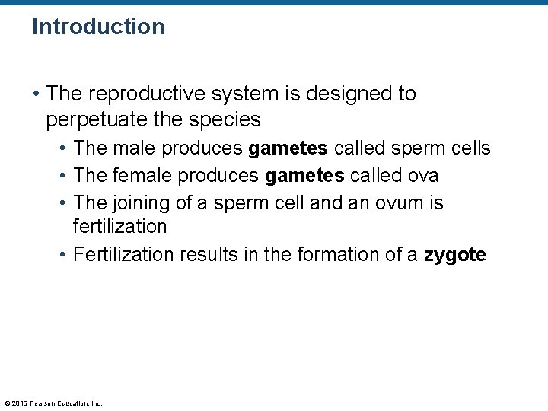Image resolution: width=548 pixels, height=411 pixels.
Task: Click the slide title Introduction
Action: click(98, 27)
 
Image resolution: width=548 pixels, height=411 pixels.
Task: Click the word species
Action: click(225, 119)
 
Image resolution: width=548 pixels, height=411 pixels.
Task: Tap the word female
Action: click(141, 176)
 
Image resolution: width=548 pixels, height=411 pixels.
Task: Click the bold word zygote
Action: click(454, 254)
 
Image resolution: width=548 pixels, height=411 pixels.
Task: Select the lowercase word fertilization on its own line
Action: click(119, 227)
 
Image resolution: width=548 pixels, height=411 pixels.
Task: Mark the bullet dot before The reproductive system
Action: click(37, 94)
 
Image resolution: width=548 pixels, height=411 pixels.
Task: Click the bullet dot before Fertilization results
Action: click(64, 254)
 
